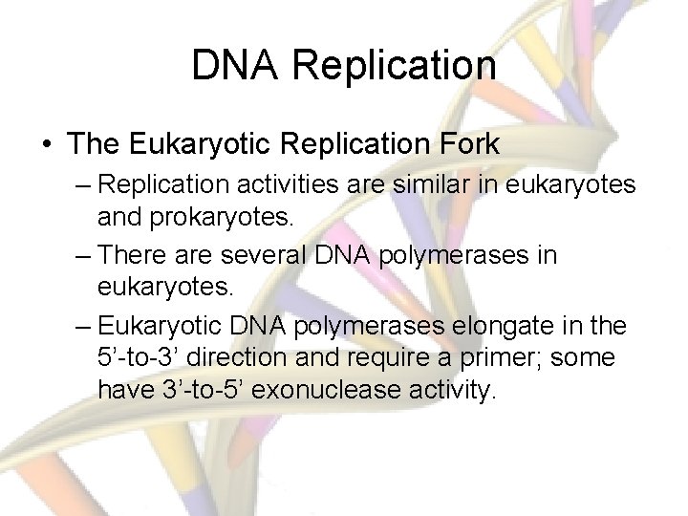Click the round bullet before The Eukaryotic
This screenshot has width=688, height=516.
point(48,145)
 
